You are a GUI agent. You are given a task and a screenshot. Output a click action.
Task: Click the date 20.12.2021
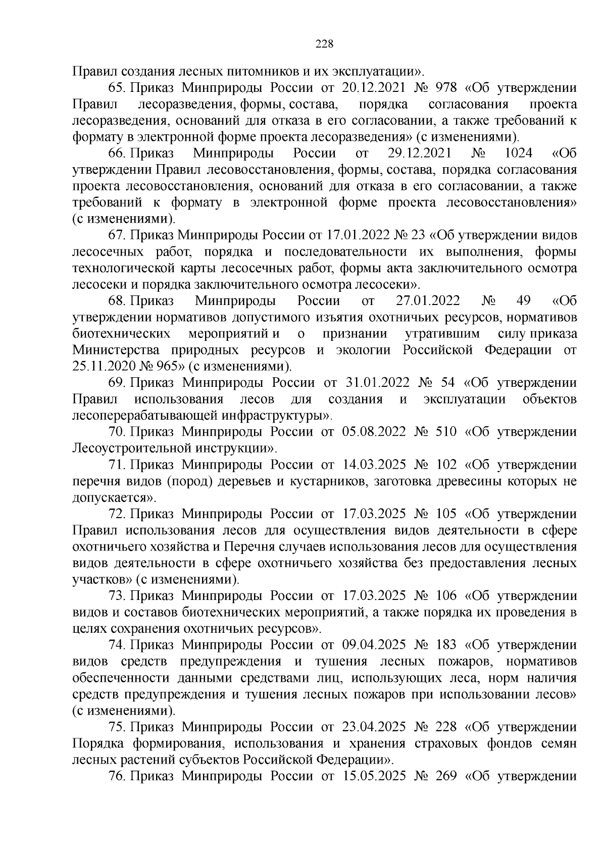[374, 88]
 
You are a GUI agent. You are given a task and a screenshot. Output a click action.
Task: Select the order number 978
[445, 88]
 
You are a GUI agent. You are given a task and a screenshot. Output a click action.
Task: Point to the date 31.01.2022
[374, 383]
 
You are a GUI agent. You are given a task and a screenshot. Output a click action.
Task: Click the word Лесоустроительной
[132, 448]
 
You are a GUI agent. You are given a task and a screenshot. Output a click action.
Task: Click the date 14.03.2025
[374, 465]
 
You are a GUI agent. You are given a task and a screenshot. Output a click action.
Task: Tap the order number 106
[445, 596]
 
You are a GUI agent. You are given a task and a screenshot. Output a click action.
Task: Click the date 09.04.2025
[374, 645]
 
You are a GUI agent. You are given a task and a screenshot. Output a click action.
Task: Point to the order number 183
[445, 645]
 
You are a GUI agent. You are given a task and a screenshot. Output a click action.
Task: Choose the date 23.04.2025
[374, 727]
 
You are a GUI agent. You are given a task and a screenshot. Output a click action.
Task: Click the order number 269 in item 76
[445, 776]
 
